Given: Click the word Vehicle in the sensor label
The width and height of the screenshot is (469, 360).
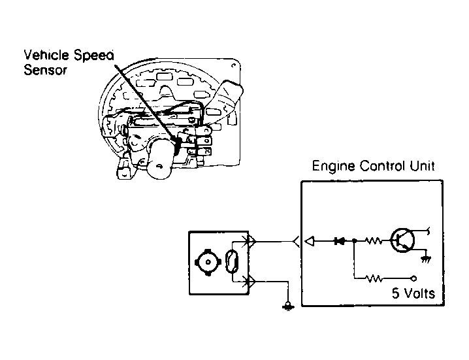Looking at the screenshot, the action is [46, 55].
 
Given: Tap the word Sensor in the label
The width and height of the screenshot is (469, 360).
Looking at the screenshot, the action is [45, 70].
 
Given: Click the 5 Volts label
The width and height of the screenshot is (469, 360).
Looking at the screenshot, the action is [413, 293].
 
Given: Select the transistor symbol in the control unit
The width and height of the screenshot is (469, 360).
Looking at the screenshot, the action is [402, 240].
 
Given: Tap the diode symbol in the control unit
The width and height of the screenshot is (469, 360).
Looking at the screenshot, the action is [340, 240].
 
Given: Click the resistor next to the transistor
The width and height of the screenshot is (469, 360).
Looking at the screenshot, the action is [373, 240].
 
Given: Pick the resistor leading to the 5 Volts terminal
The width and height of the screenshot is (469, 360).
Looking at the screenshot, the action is [373, 278].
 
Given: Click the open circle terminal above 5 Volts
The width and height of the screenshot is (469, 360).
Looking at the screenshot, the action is [413, 278].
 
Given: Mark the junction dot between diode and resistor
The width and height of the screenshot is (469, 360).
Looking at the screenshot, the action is [355, 240].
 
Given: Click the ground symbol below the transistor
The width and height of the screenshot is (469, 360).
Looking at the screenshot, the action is [426, 259].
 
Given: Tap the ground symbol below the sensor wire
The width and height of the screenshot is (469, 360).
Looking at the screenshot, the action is [288, 306].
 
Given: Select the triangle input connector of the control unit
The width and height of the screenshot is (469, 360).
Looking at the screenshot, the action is [310, 241].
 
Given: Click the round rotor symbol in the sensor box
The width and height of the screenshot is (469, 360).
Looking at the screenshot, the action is [208, 262].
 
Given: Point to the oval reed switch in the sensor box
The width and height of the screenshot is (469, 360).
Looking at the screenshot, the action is [232, 262].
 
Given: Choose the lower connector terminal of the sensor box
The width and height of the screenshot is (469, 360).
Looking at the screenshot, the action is [250, 282].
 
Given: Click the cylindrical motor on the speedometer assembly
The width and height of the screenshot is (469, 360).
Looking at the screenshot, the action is [161, 159].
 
